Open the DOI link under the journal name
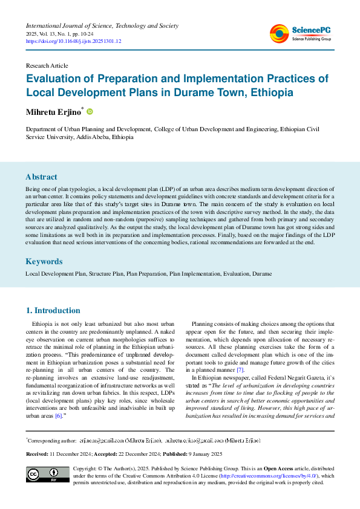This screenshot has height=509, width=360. (x=73, y=42)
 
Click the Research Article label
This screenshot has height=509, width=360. (x=47, y=65)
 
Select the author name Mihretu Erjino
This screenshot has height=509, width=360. (x=53, y=112)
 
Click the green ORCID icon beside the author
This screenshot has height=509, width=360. (x=90, y=112)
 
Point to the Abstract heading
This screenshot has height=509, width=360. (x=41, y=177)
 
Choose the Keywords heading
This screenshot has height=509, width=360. (x=44, y=262)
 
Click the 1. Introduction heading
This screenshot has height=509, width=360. (x=53, y=311)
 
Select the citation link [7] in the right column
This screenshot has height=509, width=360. (x=240, y=369)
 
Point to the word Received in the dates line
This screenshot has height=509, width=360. (x=38, y=454)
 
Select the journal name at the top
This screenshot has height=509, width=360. (x=102, y=26)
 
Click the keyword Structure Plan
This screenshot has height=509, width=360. (x=106, y=274)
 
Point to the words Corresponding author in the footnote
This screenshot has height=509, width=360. (x=52, y=441)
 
